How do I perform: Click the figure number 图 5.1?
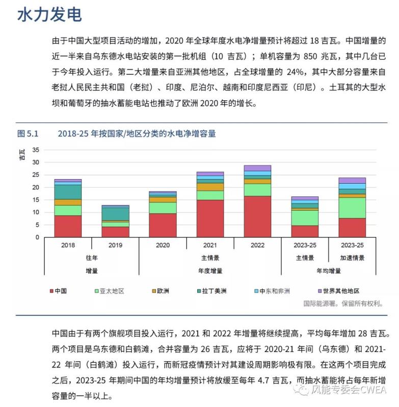[x=28, y=134]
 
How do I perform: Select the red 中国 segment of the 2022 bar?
[x=257, y=216]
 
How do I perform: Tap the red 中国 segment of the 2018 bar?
[x=68, y=226]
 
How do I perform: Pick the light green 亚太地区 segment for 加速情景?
[x=352, y=208]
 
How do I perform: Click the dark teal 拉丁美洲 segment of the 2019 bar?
[x=115, y=214]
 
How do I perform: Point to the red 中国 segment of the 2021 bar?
[x=210, y=218]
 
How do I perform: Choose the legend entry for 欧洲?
[x=159, y=291]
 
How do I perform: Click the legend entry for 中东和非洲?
[x=271, y=291]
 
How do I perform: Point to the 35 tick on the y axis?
[x=35, y=150]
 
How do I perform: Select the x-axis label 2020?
[x=163, y=245]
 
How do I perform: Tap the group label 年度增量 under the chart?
[x=210, y=271]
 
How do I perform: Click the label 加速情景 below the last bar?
[x=352, y=258]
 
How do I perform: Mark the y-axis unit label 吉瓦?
[x=22, y=155]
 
